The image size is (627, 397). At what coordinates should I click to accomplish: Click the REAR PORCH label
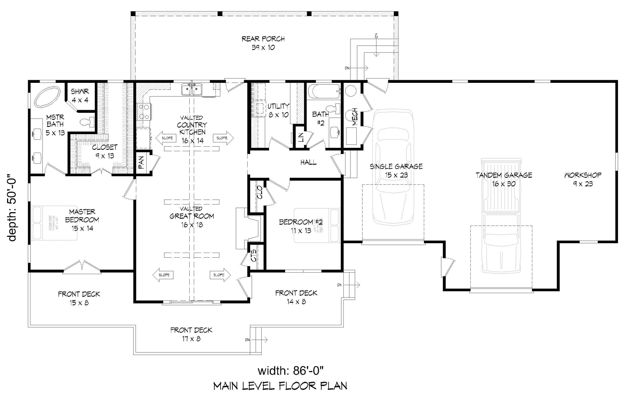263,43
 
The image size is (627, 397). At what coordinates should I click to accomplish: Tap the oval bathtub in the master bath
47,96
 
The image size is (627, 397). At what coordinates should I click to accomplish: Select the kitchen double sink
191,90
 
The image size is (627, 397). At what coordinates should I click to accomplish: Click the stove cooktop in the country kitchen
143,111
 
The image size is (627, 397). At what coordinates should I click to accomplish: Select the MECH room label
355,117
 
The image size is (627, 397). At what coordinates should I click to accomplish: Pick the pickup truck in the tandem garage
501,216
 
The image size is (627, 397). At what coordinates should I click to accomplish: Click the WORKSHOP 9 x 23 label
583,179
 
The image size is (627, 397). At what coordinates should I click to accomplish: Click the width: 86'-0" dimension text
290,370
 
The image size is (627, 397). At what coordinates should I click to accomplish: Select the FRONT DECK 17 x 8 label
191,334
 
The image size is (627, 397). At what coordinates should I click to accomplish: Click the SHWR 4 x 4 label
80,95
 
